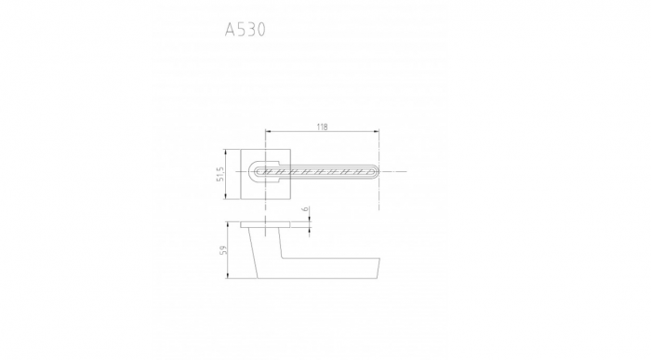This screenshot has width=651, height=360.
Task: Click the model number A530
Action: [245, 30]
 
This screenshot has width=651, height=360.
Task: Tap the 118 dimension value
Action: [322, 127]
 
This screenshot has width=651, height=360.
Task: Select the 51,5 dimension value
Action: [220, 174]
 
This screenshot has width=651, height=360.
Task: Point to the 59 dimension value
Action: [223, 250]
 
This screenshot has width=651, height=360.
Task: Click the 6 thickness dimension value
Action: [306, 208]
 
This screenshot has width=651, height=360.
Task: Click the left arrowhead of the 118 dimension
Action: [268, 131]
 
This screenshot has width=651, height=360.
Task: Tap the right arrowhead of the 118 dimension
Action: [376, 131]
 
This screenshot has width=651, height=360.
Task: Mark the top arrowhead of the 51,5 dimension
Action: [225, 153]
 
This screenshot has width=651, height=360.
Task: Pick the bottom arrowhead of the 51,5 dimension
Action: [225, 196]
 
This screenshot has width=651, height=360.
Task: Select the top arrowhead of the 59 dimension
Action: [228, 224]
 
